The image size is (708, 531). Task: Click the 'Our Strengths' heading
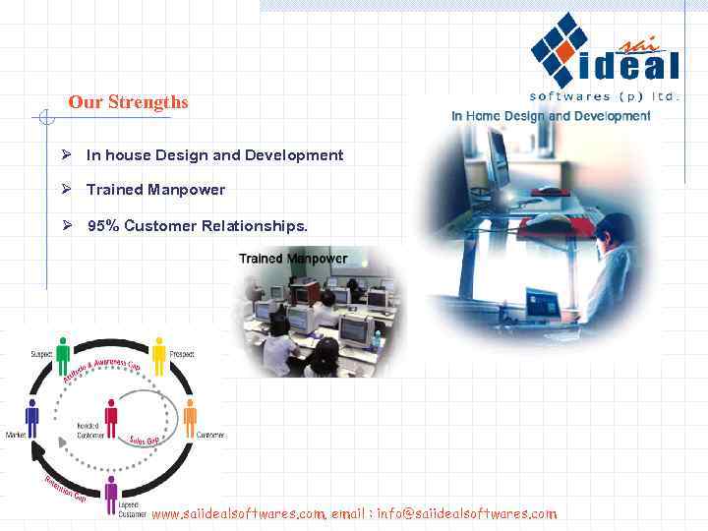[x=128, y=102]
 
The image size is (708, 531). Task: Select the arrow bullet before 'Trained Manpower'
[x=66, y=190]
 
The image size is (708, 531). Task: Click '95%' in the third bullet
[x=103, y=226]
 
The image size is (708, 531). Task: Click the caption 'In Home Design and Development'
[x=551, y=116]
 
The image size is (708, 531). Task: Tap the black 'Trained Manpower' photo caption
[x=293, y=259]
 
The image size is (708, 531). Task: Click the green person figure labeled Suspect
[x=64, y=355]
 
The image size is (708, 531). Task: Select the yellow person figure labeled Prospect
[x=159, y=355]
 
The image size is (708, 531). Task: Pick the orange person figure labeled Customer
[x=190, y=418]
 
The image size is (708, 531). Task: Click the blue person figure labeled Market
[x=32, y=418]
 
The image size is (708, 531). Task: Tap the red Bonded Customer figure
[x=111, y=418]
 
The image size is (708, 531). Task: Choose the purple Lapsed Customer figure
[x=111, y=493]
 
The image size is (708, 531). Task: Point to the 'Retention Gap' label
[x=65, y=489]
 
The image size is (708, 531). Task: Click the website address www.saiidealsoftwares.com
[x=238, y=513]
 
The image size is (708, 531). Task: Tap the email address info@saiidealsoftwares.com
[x=466, y=513]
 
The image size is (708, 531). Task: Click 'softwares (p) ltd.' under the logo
[x=604, y=96]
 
